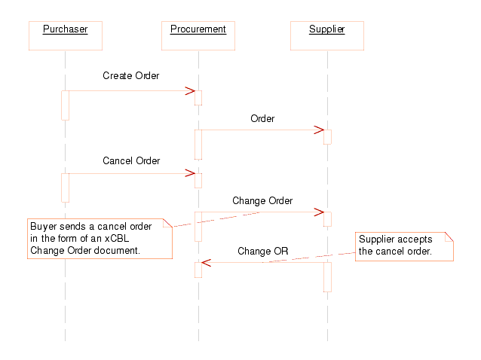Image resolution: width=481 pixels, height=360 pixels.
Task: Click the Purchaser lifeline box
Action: pyautogui.click(x=65, y=35)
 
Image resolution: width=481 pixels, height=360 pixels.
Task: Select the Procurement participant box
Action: pyautogui.click(x=198, y=35)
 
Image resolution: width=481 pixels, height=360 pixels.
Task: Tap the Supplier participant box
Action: pyautogui.click(x=327, y=35)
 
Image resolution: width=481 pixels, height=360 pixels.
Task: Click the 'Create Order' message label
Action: pyautogui.click(x=130, y=76)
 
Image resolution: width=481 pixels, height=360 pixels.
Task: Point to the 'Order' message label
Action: pyautogui.click(x=262, y=118)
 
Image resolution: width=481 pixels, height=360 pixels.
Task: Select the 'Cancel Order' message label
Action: pyautogui.click(x=130, y=161)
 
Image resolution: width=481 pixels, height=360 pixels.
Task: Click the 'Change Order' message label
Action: pyautogui.click(x=262, y=201)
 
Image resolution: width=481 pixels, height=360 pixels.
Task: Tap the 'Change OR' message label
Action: pyautogui.click(x=262, y=251)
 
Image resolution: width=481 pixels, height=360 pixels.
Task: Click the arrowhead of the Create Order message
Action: pyautogui.click(x=191, y=91)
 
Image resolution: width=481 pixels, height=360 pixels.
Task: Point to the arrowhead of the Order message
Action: pyautogui.click(x=319, y=130)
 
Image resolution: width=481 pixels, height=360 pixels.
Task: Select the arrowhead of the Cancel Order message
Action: pyautogui.click(x=191, y=173)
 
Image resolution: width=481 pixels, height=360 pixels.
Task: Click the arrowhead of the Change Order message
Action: pyautogui.click(x=319, y=212)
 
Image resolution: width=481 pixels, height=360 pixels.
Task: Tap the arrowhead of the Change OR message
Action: pyautogui.click(x=206, y=262)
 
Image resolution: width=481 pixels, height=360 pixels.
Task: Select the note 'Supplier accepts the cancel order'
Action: pyautogui.click(x=405, y=246)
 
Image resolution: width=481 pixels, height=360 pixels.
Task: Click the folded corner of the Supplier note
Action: pyautogui.click(x=449, y=236)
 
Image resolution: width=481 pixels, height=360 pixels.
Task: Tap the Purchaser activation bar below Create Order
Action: pyautogui.click(x=65, y=105)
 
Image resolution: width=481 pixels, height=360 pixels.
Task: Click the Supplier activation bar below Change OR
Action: pyautogui.click(x=327, y=276)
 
